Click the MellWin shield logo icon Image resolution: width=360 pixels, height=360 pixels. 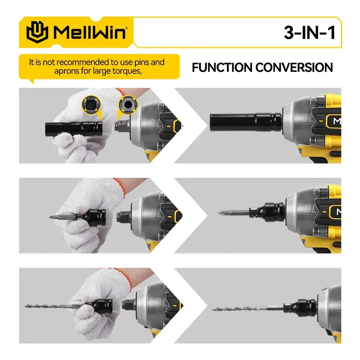pos(37,32)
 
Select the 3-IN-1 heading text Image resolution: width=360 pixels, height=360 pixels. pos(309,32)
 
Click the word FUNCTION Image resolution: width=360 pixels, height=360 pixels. pos(222,68)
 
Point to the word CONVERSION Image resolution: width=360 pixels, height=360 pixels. pos(294,68)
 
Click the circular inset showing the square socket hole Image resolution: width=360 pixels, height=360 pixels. pos(91,104)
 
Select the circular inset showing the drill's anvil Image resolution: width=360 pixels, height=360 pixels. pos(129,104)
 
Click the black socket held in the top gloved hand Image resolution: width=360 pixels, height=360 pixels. pos(74,129)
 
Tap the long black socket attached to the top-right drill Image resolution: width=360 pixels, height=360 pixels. pos(246,122)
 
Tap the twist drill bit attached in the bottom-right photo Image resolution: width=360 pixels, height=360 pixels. pos(248,309)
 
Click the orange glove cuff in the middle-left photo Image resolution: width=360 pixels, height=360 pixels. pos(121,186)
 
